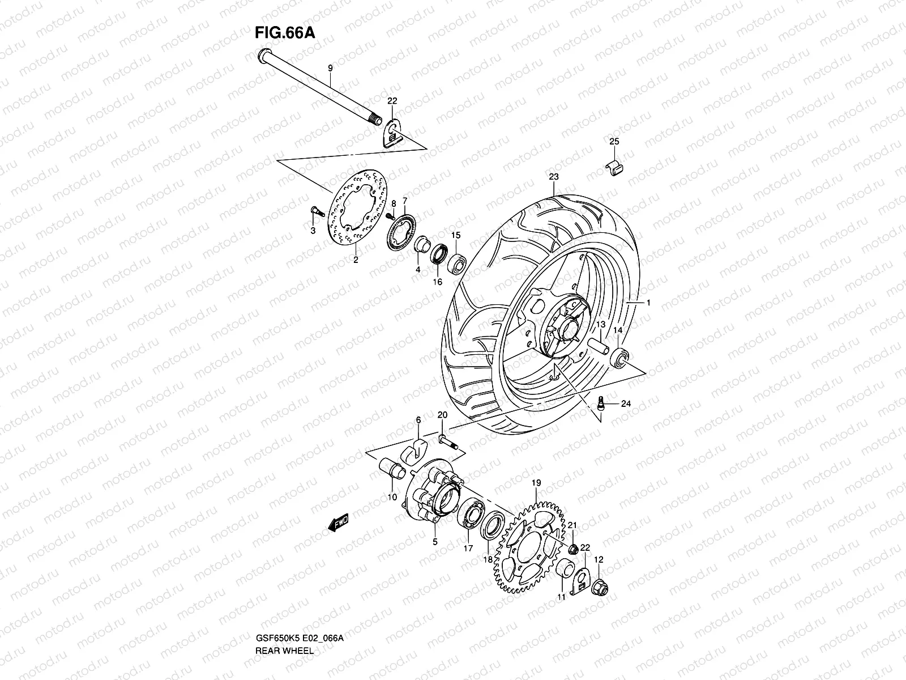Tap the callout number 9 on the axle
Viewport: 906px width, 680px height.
(331, 68)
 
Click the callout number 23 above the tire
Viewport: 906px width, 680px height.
(553, 177)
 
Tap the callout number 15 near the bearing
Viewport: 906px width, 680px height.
(455, 235)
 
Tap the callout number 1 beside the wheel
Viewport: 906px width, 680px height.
(648, 304)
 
